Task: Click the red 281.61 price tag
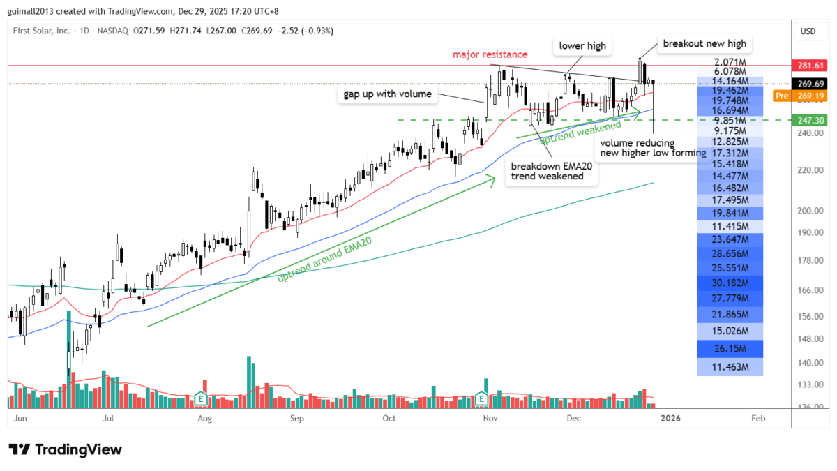point(809,66)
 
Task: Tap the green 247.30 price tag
point(809,120)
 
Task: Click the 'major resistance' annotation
point(490,54)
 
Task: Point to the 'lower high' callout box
point(582,47)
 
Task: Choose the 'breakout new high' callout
point(704,43)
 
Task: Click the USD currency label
point(808,31)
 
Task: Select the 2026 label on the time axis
point(670,419)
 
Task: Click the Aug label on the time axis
point(204,419)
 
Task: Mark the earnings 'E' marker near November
point(481,398)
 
